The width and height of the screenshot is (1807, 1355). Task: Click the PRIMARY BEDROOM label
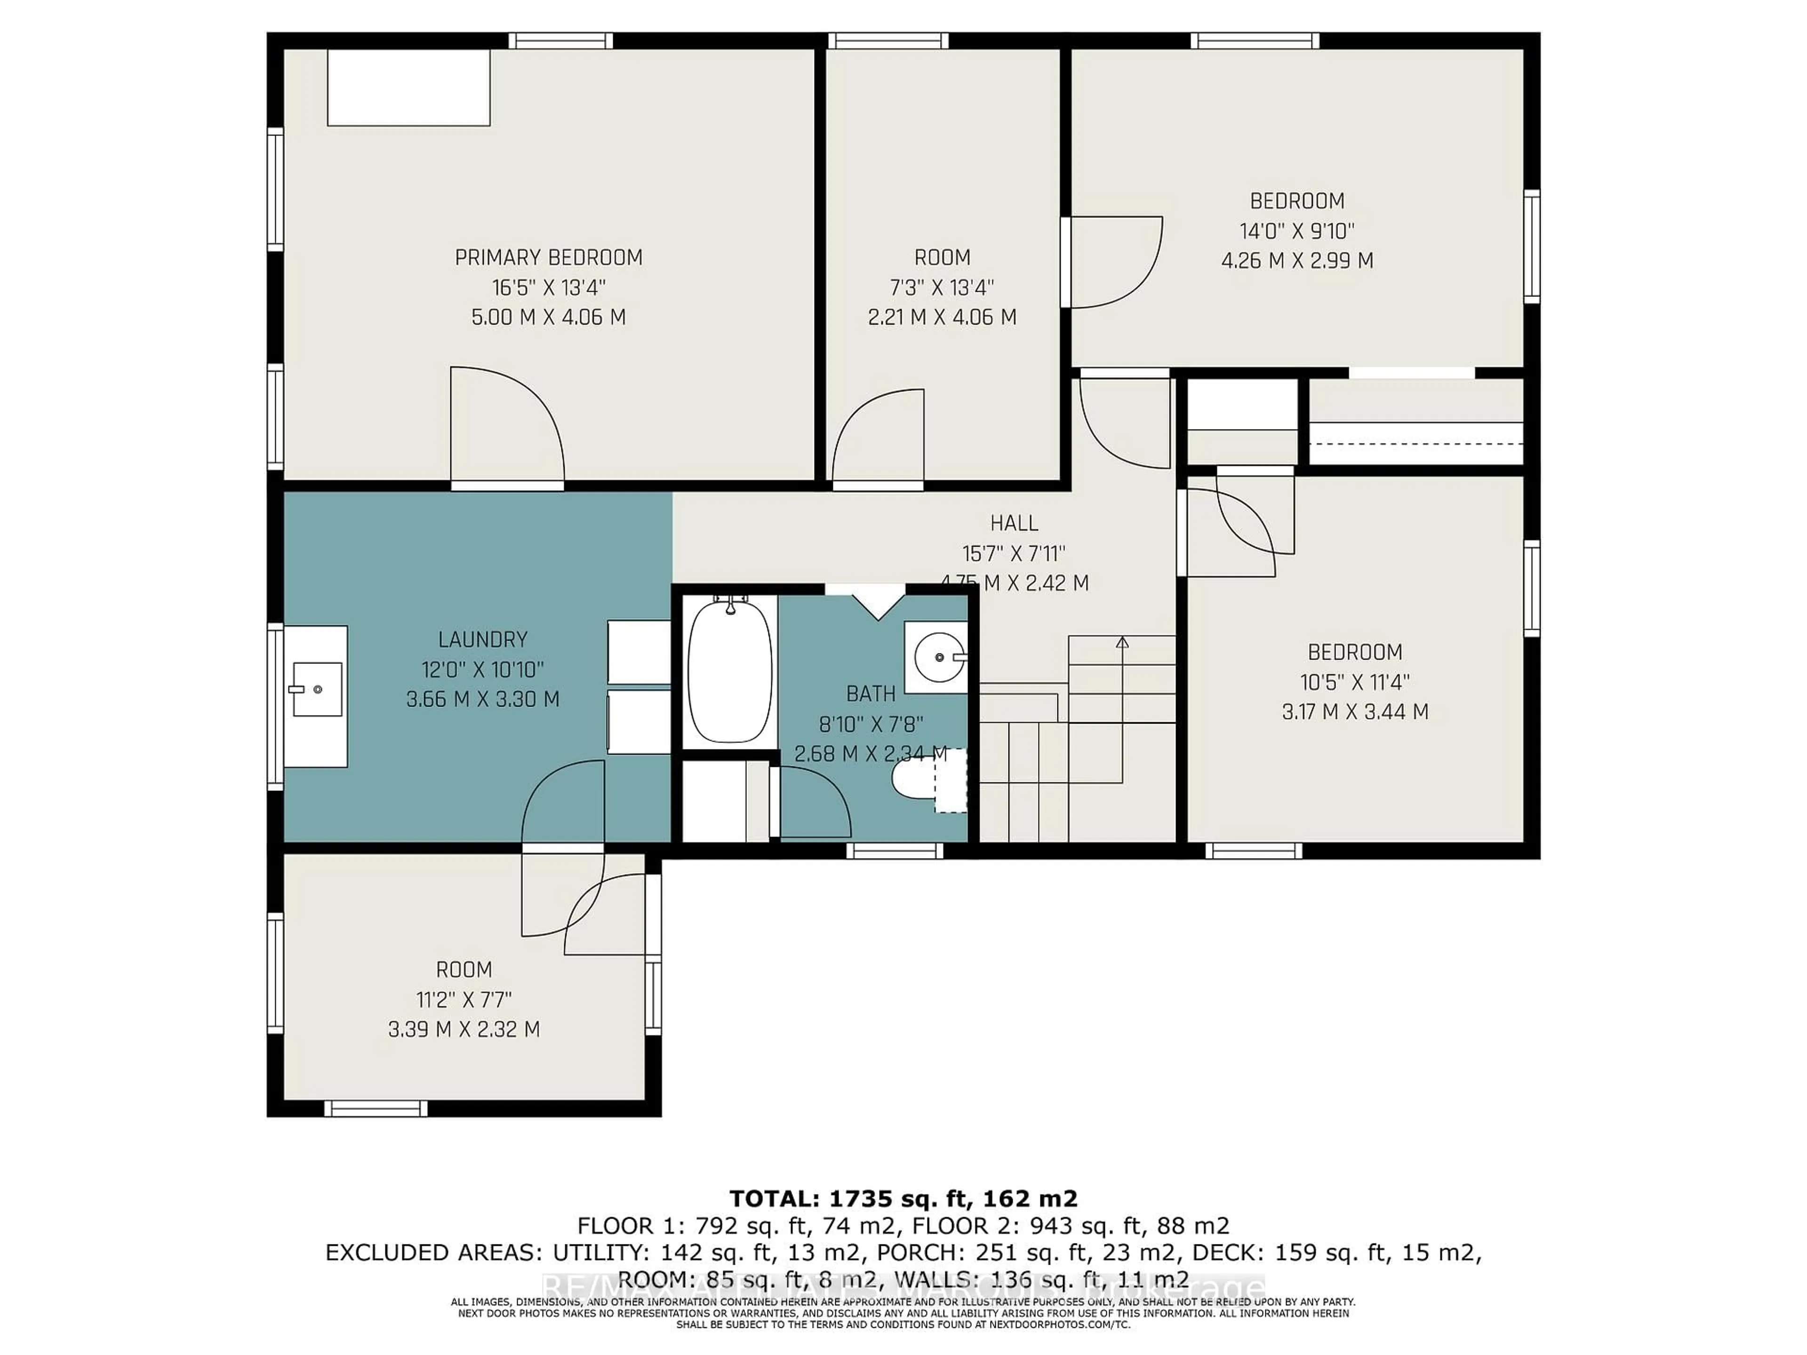coord(548,258)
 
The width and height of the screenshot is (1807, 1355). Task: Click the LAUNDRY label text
coord(483,639)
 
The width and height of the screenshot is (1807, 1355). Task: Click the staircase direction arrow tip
coord(1122,642)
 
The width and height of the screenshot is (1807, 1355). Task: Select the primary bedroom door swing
coord(506,425)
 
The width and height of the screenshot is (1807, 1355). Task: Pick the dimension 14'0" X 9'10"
coord(1296,231)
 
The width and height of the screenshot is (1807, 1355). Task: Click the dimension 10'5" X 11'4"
coord(1354,682)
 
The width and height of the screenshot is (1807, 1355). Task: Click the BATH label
coord(871,694)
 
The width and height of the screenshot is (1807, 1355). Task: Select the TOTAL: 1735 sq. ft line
coord(903,1199)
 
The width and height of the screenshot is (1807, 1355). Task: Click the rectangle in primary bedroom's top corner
coord(408,88)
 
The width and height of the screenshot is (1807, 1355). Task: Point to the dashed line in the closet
coord(1415,444)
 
